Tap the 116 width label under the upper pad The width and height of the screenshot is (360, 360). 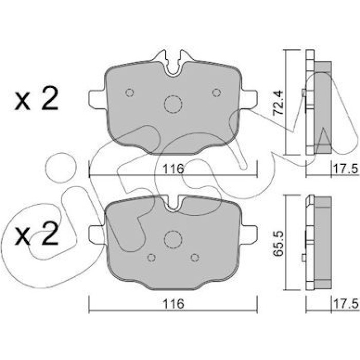point(173,169)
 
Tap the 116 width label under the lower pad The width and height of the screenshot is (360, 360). point(173,304)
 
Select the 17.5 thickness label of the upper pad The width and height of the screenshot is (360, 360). point(346,169)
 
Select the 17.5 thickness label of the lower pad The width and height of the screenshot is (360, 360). point(346,304)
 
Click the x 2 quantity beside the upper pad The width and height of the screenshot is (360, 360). point(37,99)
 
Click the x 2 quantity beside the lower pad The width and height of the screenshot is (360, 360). point(37,233)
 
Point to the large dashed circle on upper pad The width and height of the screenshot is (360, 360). point(173,104)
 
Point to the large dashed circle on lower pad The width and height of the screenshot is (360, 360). point(173,240)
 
